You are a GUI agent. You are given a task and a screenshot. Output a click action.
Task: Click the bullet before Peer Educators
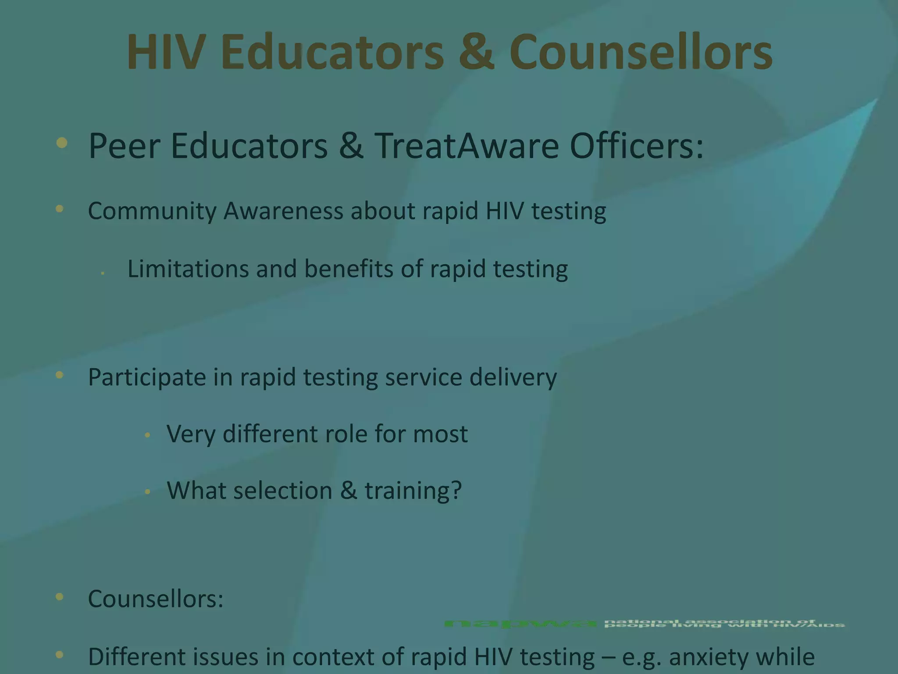pos(62,143)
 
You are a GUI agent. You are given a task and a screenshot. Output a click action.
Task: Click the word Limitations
pos(188,269)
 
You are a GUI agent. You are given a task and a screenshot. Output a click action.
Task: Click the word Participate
pos(146,377)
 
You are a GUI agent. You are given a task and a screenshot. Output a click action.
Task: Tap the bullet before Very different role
pos(148,435)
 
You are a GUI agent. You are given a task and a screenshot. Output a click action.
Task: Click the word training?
pos(413,491)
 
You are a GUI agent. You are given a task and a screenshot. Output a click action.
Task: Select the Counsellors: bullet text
pos(156,599)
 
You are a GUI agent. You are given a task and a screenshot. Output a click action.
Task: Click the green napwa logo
pos(520,624)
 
